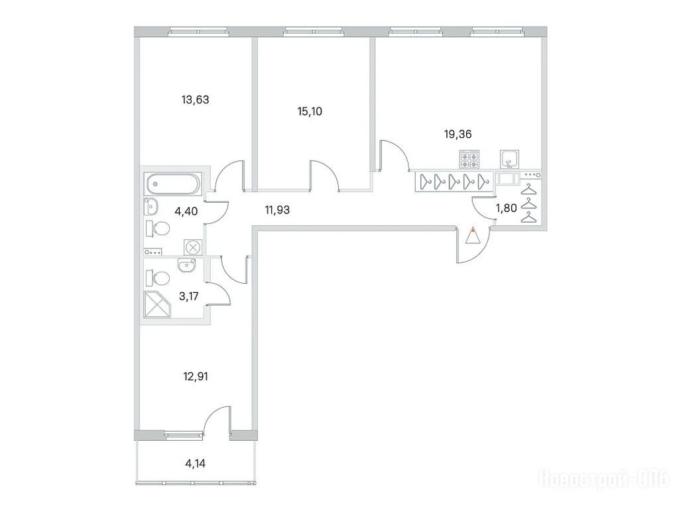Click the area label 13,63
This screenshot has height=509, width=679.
[196, 100]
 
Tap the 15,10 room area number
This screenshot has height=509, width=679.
[310, 111]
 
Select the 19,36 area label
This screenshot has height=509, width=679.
[458, 135]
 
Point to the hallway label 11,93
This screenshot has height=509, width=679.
[277, 210]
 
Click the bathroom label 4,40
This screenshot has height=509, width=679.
[186, 211]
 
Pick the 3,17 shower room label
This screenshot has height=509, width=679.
[189, 296]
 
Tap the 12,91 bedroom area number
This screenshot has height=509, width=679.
[196, 376]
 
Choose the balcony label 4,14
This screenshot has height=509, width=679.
[196, 464]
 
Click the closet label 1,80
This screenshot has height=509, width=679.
[506, 209]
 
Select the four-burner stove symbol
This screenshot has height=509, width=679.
[469, 159]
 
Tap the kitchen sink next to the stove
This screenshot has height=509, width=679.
[510, 159]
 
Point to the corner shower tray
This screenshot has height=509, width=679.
[157, 305]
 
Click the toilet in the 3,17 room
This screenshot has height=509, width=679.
[157, 278]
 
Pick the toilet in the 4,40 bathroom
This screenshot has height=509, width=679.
[157, 229]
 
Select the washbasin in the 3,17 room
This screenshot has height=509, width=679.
[187, 265]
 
